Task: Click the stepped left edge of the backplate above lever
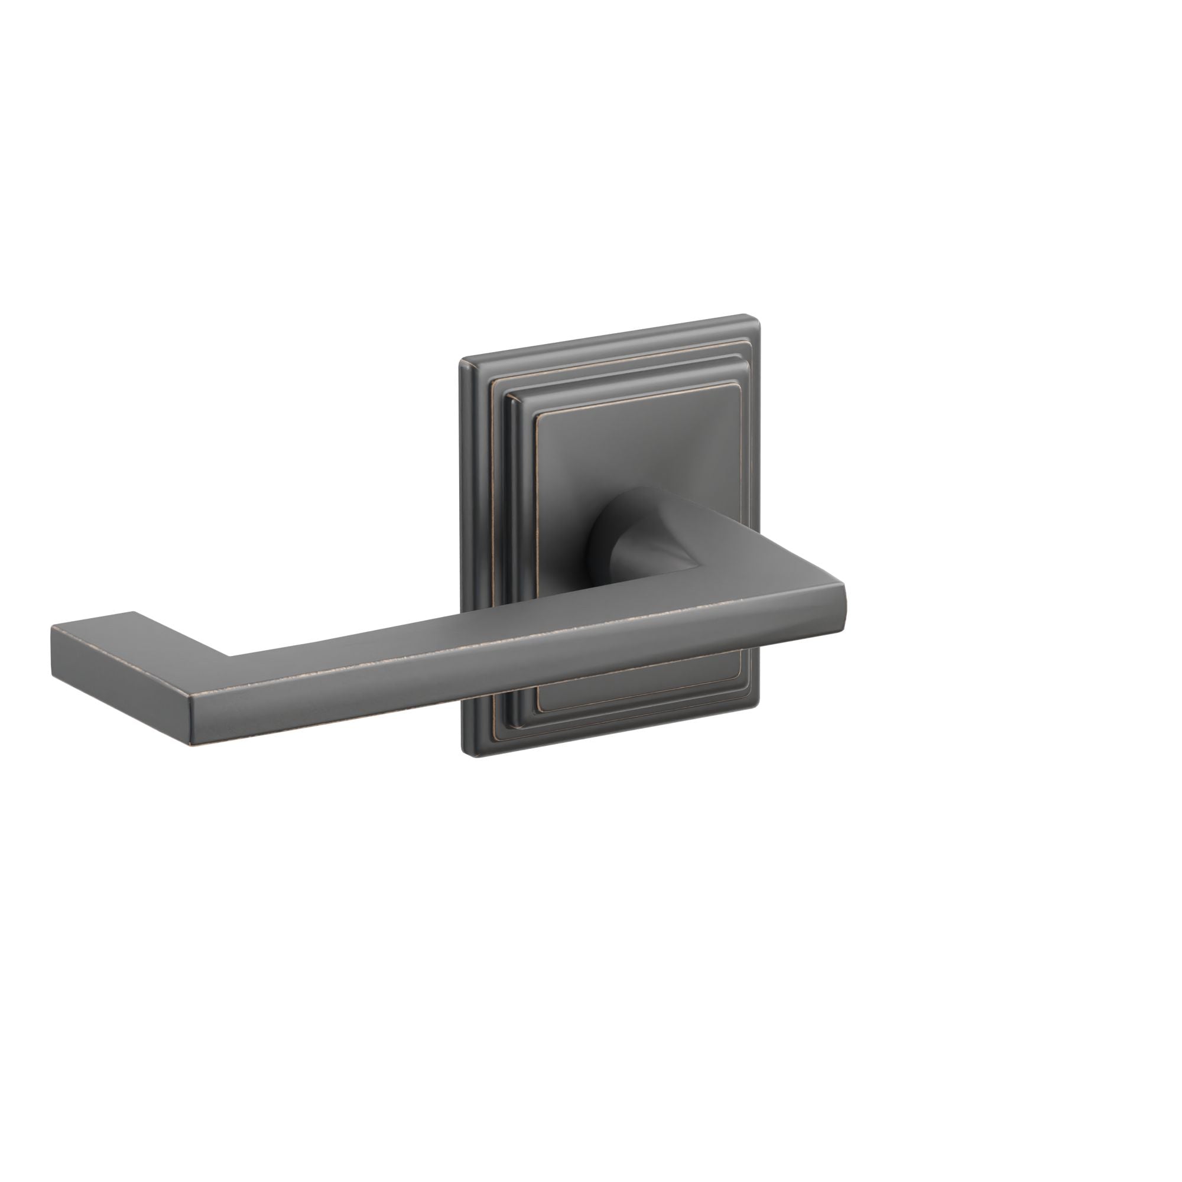click(x=483, y=489)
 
